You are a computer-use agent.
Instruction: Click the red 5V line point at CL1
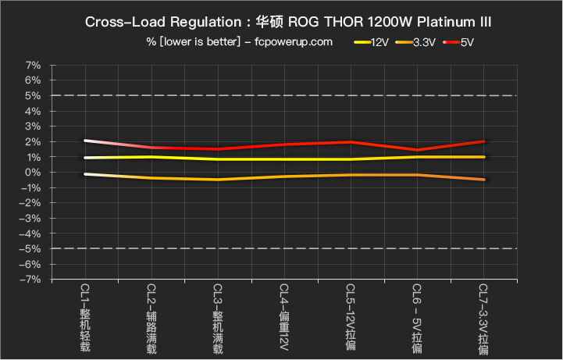click(84, 141)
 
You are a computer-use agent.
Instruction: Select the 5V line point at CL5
click(351, 142)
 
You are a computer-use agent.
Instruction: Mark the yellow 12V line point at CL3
click(218, 159)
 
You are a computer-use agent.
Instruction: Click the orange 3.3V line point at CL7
click(483, 180)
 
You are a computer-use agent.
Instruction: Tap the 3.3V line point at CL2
click(151, 178)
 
